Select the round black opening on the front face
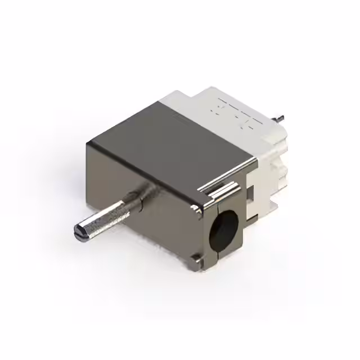[x=222, y=230]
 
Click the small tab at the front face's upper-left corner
[x=196, y=211]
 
